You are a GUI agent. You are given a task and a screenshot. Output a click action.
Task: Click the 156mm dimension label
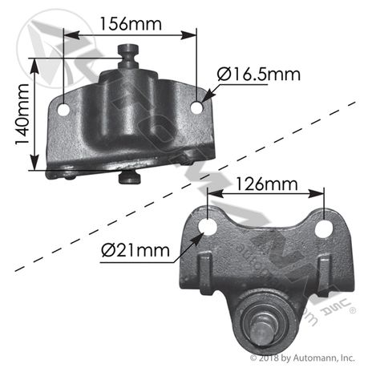(x=131, y=24)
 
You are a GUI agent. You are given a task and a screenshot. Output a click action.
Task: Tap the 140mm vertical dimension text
(x=22, y=115)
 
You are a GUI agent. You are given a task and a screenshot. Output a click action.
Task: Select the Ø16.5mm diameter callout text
(x=259, y=75)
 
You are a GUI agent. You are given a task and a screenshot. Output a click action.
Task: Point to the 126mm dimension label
(x=266, y=184)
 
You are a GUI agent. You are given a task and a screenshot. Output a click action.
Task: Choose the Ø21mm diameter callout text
(x=135, y=250)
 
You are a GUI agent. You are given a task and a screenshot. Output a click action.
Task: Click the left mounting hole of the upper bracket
(x=63, y=110)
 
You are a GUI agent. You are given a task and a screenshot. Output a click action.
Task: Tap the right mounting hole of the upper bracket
(x=196, y=107)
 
